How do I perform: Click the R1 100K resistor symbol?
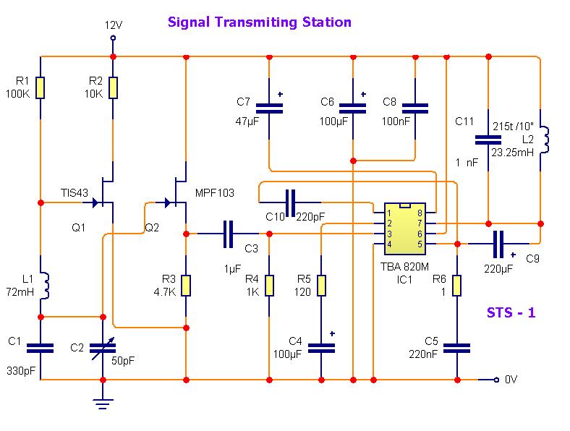pyautogui.click(x=41, y=88)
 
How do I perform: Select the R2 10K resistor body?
pyautogui.click(x=113, y=88)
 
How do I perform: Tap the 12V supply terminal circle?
pyautogui.click(x=113, y=38)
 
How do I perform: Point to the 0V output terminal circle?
pyautogui.click(x=496, y=380)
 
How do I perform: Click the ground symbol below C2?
pyautogui.click(x=103, y=404)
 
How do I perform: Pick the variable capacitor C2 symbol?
pyautogui.click(x=103, y=349)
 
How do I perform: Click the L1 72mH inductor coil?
pyautogui.click(x=45, y=285)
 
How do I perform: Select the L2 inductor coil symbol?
pyautogui.click(x=544, y=140)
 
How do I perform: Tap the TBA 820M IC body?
pyautogui.click(x=404, y=229)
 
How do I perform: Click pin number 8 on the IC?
pyautogui.click(x=420, y=213)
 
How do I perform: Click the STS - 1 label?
pyautogui.click(x=511, y=312)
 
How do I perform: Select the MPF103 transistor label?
pyautogui.click(x=215, y=193)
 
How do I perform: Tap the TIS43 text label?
pyautogui.click(x=75, y=193)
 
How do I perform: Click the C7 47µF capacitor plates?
pyautogui.click(x=269, y=108)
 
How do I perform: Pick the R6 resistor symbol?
pyautogui.click(x=457, y=286)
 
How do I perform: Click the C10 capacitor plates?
pyautogui.click(x=291, y=202)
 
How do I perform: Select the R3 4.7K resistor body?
pyautogui.click(x=186, y=286)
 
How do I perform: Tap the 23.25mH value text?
pyautogui.click(x=513, y=153)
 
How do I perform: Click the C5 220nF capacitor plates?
pyautogui.click(x=457, y=349)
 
